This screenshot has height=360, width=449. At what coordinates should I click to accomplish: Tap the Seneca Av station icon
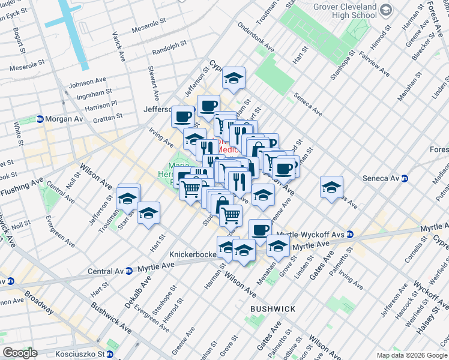tap(406, 178)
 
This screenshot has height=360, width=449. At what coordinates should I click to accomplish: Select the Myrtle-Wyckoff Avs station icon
tap(350, 234)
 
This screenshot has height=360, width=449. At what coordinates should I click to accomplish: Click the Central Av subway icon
tap(128, 271)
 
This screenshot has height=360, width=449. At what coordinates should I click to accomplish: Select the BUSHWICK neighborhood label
tap(273, 308)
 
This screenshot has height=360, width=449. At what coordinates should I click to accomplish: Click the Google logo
tap(20, 353)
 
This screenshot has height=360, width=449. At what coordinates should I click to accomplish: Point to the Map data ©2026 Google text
tap(411, 355)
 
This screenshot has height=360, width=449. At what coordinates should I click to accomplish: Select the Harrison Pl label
tap(101, 106)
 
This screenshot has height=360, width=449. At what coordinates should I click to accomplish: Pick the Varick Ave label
tap(119, 49)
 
